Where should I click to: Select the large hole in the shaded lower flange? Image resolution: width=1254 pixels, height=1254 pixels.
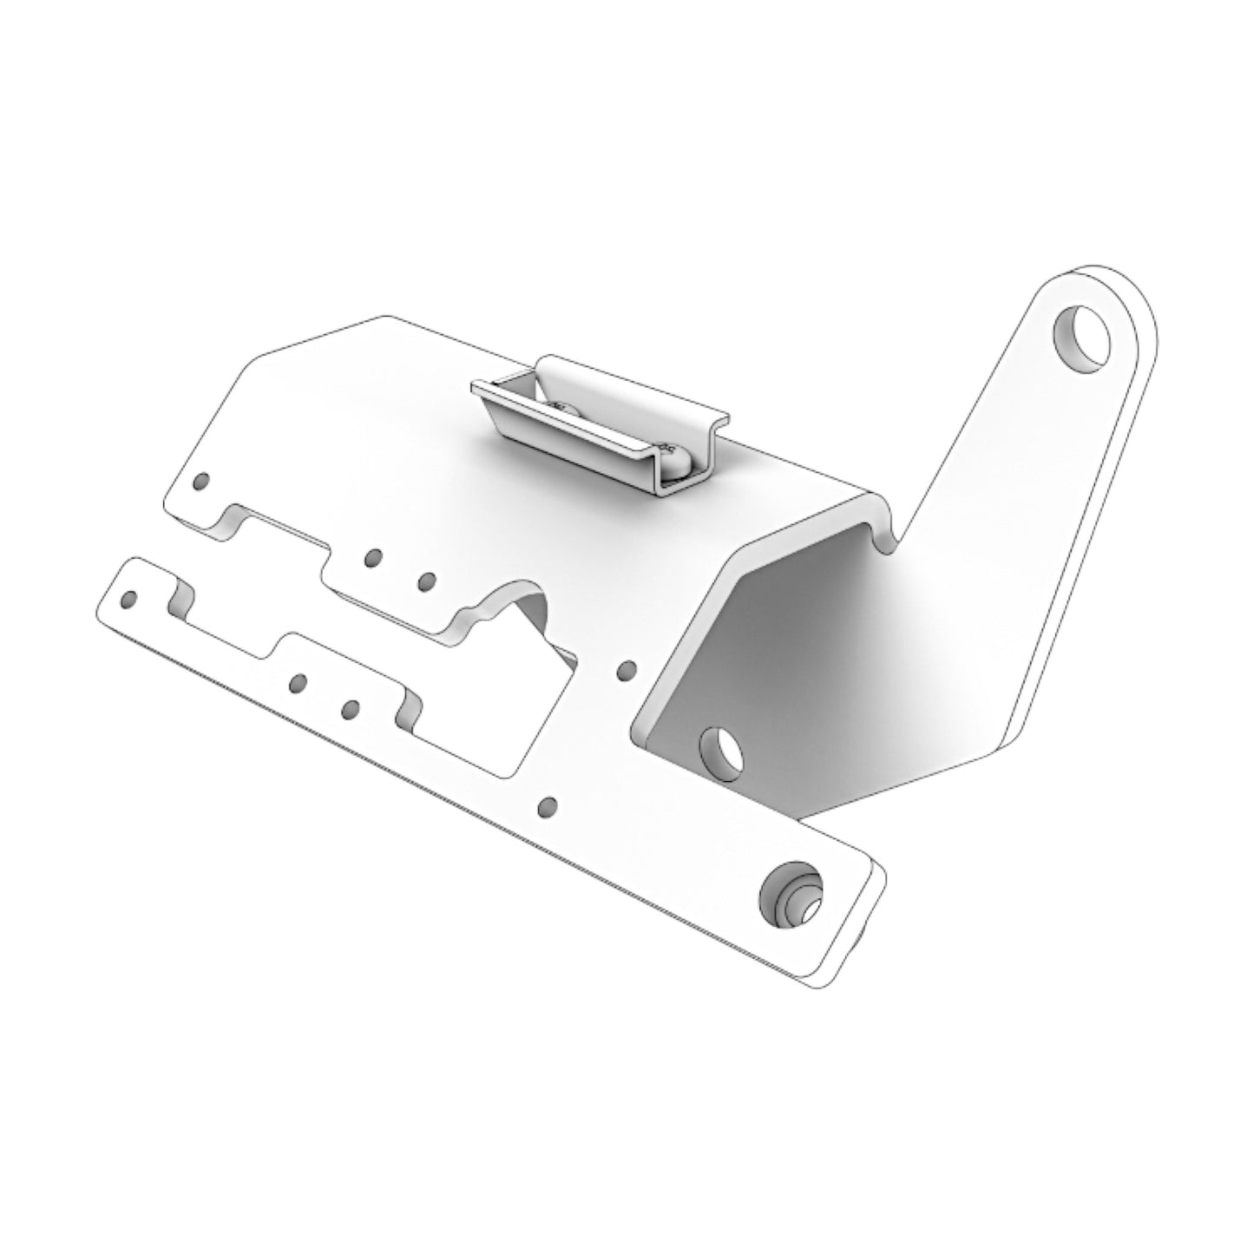(722, 747)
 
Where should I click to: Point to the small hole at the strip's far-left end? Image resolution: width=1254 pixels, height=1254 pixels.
(131, 598)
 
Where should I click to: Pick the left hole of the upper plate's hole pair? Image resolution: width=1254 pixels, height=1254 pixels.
(373, 557)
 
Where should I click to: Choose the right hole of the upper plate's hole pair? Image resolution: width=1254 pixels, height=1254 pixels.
(425, 581)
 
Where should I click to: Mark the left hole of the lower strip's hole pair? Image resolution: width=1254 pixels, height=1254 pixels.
(298, 684)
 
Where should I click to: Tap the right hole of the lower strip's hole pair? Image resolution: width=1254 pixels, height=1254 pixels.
(350, 709)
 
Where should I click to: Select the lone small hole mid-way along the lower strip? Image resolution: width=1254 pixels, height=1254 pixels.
(547, 806)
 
